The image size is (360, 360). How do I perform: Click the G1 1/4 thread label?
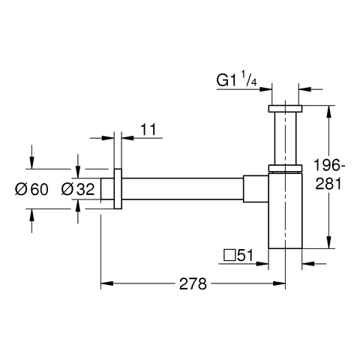[x=236, y=79]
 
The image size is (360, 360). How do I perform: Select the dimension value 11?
[x=148, y=129]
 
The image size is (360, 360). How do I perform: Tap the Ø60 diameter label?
[x=31, y=189]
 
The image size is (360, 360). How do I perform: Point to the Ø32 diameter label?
[x=78, y=189]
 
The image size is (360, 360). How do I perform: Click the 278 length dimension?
[x=193, y=283]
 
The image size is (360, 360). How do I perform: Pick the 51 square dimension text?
[x=245, y=255]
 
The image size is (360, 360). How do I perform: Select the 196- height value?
[x=329, y=165]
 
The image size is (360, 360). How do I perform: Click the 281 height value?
[x=328, y=184]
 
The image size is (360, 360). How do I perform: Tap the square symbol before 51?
[x=230, y=255]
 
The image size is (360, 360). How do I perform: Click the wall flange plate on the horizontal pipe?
[x=118, y=189]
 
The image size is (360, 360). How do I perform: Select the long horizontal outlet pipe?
[x=182, y=189]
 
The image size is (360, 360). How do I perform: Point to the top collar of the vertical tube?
[x=285, y=109]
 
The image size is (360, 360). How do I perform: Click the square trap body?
[x=285, y=211]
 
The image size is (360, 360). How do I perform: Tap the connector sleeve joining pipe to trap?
[x=256, y=189]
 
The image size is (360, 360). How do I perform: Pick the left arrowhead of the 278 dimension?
[x=106, y=283]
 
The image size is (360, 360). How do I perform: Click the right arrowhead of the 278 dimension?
[x=279, y=283]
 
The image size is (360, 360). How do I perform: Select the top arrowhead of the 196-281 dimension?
[x=329, y=112]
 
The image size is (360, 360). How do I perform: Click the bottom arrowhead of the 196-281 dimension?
[x=329, y=242]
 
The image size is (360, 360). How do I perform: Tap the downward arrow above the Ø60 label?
[x=31, y=157]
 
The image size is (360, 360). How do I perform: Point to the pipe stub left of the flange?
[x=107, y=189]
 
